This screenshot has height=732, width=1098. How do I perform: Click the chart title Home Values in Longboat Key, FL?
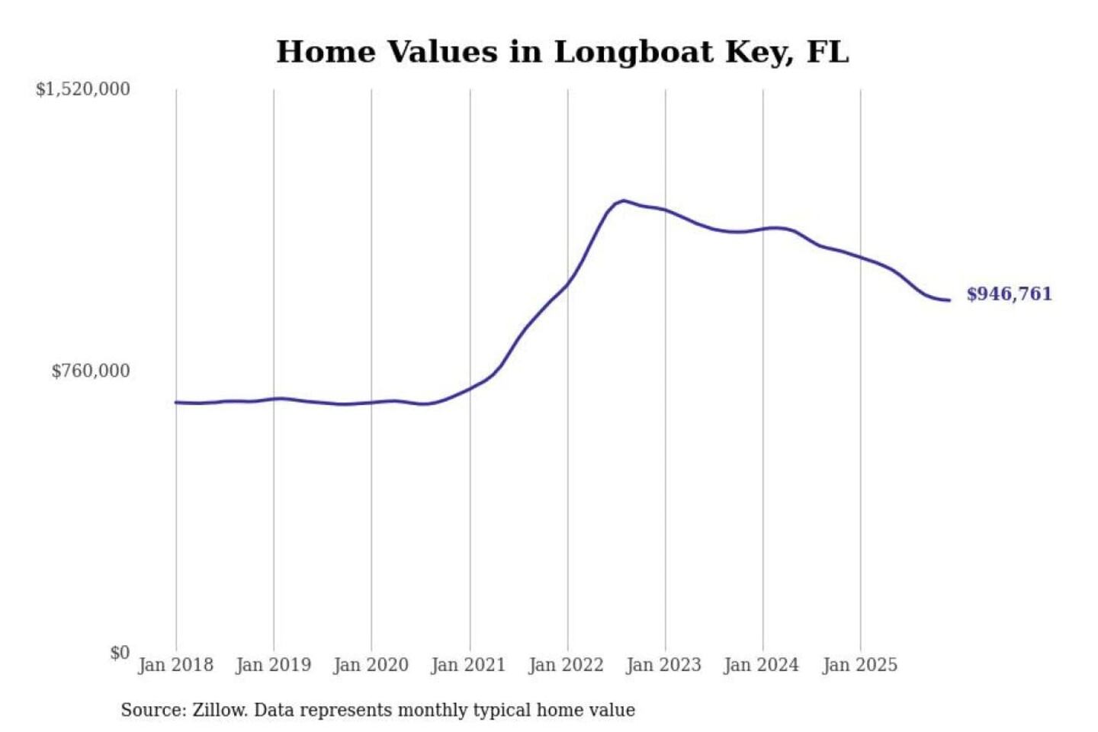pyautogui.click(x=562, y=52)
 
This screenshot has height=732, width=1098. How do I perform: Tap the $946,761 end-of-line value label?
pyautogui.click(x=1009, y=294)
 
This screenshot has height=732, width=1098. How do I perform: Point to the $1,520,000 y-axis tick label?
pyautogui.click(x=83, y=89)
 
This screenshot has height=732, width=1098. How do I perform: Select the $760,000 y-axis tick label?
pyautogui.click(x=91, y=371)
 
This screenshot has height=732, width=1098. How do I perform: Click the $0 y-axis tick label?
pyautogui.click(x=120, y=653)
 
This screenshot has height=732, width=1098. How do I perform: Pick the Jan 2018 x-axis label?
pyautogui.click(x=175, y=665)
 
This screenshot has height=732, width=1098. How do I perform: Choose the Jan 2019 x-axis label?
pyautogui.click(x=273, y=665)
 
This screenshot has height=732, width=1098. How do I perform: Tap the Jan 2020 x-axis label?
pyautogui.click(x=371, y=665)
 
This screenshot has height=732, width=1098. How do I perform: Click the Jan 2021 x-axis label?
pyautogui.click(x=468, y=665)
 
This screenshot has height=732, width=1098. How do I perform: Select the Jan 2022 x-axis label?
pyautogui.click(x=566, y=665)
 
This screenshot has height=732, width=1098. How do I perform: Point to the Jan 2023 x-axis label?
pyautogui.click(x=663, y=665)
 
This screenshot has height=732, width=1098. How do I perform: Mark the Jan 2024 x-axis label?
pyautogui.click(x=761, y=665)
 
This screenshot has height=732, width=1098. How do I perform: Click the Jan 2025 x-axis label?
pyautogui.click(x=859, y=665)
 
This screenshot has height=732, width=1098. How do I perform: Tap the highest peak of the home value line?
pyautogui.click(x=624, y=201)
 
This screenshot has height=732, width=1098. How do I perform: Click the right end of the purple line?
pyautogui.click(x=949, y=300)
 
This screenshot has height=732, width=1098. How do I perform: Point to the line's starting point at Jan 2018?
pyautogui.click(x=176, y=403)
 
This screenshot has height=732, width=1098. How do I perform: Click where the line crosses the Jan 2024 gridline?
pyautogui.click(x=763, y=229)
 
